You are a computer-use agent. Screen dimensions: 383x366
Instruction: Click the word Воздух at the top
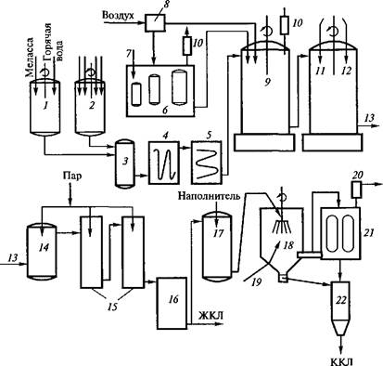point(119,16)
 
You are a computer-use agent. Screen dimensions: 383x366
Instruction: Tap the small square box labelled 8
point(155,22)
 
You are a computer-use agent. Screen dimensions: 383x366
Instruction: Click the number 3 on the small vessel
point(124,162)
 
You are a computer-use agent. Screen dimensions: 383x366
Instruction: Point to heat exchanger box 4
point(164,163)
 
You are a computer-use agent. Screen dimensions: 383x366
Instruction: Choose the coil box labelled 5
point(206,163)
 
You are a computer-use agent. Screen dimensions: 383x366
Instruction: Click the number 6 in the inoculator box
point(165,111)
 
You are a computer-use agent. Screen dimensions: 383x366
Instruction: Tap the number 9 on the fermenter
point(267,82)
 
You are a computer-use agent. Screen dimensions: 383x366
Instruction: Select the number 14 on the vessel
point(44,247)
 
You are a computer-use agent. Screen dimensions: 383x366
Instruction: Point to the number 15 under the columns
point(112,307)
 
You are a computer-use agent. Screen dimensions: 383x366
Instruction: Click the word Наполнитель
point(209,196)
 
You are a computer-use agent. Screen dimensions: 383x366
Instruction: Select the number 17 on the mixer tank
point(218,233)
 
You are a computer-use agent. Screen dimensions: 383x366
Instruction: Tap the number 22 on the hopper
point(341,300)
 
